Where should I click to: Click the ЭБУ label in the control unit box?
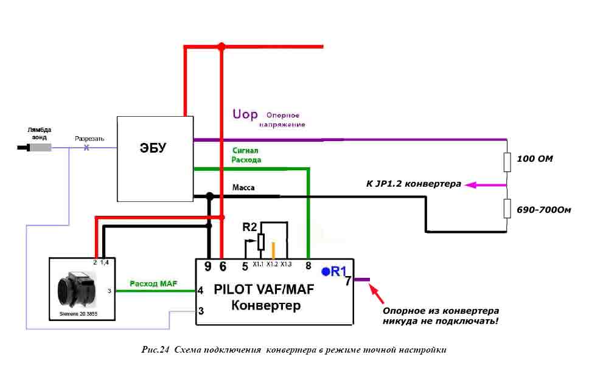click(x=153, y=148)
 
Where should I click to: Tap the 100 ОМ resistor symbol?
click(x=507, y=162)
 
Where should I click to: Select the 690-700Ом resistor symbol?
click(x=507, y=209)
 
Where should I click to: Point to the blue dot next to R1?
click(x=326, y=272)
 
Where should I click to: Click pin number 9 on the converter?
click(x=207, y=266)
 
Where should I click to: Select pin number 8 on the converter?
click(x=308, y=266)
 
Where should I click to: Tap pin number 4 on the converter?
click(x=200, y=291)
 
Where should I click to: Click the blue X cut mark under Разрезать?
click(x=86, y=148)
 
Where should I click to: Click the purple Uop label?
click(x=245, y=114)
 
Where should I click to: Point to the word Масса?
click(x=243, y=187)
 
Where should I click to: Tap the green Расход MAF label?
click(x=153, y=283)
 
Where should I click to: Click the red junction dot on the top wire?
click(x=221, y=47)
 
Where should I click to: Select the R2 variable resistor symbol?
click(x=261, y=242)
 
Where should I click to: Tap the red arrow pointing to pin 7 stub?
click(x=377, y=294)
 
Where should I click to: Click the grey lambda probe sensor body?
click(x=40, y=148)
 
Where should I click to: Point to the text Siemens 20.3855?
click(x=78, y=314)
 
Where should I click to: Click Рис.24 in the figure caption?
click(x=155, y=350)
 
